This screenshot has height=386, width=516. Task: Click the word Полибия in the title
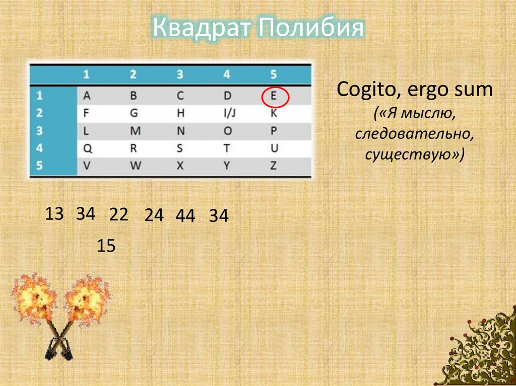pyautogui.click(x=310, y=29)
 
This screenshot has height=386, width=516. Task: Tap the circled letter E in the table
pyautogui.click(x=274, y=96)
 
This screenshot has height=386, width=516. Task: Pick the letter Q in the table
pyautogui.click(x=86, y=148)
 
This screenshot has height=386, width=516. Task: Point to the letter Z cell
pyautogui.click(x=274, y=166)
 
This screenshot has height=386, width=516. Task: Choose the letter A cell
pyautogui.click(x=86, y=96)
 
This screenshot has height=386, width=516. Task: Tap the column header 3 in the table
pyautogui.click(x=180, y=75)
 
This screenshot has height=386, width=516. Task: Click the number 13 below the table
pyautogui.click(x=54, y=214)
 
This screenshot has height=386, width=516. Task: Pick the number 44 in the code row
pyautogui.click(x=185, y=216)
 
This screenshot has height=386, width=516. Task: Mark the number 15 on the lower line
pyautogui.click(x=106, y=246)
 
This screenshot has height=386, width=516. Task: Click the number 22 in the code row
pyautogui.click(x=119, y=215)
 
